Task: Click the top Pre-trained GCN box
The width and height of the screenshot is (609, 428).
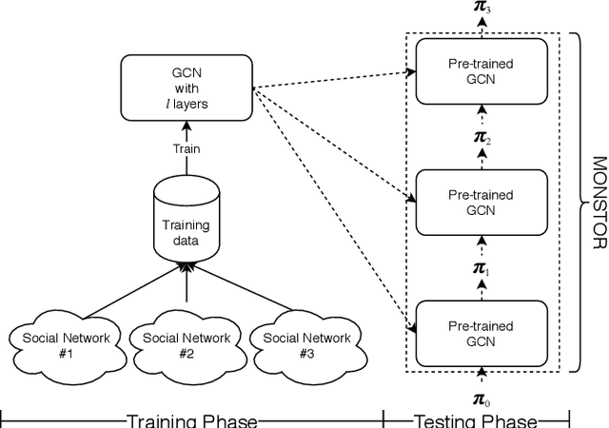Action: coord(481,71)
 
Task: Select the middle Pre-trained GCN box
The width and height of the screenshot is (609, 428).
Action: coord(481,202)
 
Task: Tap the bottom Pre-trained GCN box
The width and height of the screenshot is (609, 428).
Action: coord(481,332)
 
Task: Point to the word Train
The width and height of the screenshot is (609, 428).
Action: coord(186,148)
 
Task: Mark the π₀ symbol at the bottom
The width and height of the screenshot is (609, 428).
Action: coord(481,400)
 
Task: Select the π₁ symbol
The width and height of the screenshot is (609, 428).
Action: coord(481,269)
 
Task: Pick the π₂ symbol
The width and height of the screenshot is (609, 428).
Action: coord(481,139)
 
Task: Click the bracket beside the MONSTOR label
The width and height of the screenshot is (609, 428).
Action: coord(577,202)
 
